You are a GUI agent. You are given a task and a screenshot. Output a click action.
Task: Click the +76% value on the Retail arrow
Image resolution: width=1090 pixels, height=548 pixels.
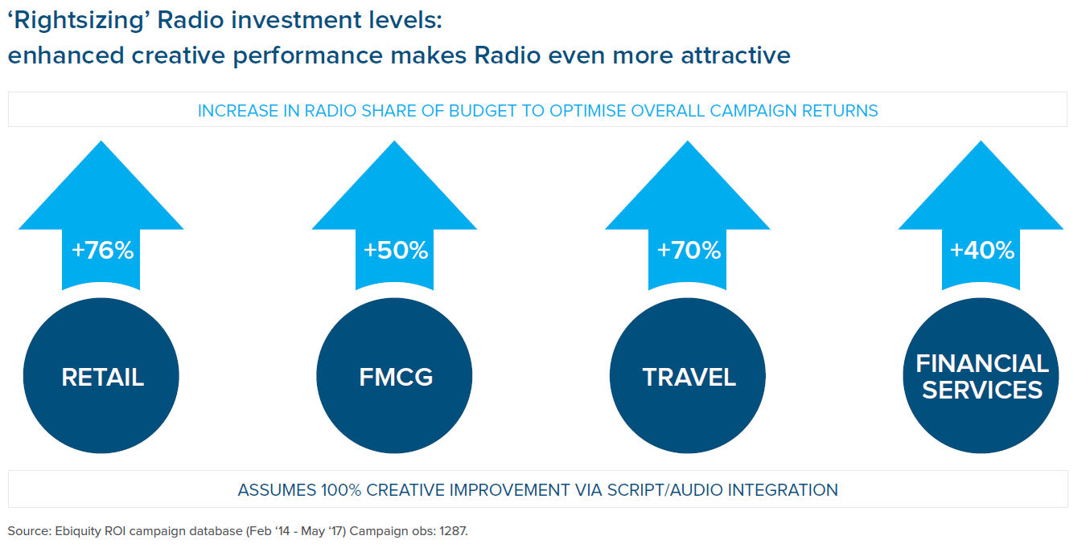pos(103,251)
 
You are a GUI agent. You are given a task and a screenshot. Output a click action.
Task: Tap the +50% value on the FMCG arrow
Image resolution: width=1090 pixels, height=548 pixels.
pos(396,251)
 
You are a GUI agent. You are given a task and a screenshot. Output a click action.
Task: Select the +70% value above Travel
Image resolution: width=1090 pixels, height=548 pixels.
pos(689,251)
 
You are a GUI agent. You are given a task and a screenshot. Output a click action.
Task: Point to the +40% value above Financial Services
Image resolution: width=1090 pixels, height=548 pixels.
pos(982,251)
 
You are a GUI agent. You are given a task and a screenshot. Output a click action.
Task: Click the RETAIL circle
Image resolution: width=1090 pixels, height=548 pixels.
pos(101,375)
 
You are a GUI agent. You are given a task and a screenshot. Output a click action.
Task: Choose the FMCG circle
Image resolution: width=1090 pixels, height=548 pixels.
pos(394,375)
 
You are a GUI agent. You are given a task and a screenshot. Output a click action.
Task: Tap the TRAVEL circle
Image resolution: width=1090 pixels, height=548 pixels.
pos(688,375)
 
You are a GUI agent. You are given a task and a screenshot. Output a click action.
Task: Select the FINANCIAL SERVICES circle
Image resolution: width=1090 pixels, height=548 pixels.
pos(981,375)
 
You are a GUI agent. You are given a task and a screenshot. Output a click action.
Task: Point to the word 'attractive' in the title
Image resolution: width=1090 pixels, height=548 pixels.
pos(736,55)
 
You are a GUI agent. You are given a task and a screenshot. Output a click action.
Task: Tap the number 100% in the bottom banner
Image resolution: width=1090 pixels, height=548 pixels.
pos(341,490)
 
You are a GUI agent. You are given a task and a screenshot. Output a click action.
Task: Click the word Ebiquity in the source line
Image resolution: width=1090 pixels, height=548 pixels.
pos(78,531)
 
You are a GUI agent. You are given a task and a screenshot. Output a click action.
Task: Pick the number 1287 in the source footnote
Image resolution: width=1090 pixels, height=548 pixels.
pos(454,531)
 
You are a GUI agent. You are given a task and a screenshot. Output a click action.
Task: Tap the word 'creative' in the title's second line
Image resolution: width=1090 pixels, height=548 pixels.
pos(179,55)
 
